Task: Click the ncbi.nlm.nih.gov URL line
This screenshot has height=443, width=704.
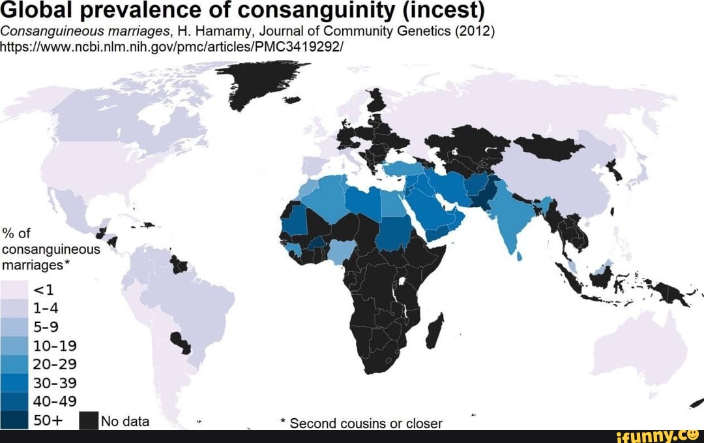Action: [172, 48]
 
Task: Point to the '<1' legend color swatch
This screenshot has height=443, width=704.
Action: [14, 290]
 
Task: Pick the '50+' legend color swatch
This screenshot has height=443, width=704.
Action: [14, 420]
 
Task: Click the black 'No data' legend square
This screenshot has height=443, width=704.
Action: [88, 421]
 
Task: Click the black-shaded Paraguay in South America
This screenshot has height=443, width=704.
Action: [180, 341]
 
